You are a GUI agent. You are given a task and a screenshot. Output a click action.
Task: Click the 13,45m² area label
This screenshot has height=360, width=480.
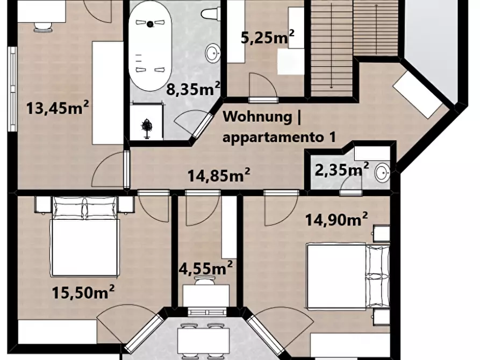(x=58, y=108)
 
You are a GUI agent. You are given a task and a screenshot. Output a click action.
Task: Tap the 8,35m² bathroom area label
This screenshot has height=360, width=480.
(x=193, y=89)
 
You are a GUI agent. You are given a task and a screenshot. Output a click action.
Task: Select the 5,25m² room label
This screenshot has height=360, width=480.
(x=268, y=38)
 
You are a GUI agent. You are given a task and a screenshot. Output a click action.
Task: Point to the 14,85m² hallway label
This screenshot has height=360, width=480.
(x=219, y=175)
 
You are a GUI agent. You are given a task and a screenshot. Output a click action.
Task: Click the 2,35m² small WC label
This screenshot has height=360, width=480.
(x=342, y=170)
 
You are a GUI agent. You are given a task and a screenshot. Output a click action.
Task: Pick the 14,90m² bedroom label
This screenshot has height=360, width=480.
(x=336, y=219)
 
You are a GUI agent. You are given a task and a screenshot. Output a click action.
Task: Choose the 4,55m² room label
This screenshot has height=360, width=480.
(x=205, y=269)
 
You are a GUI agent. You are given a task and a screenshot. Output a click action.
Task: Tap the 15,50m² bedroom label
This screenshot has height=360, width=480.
(x=83, y=292)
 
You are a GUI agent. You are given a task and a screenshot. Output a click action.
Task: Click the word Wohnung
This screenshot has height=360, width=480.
(x=257, y=117)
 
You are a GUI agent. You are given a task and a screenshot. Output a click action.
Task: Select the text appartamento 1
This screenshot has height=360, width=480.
(x=279, y=137)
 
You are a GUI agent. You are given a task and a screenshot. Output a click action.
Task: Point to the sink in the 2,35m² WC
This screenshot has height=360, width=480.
(x=383, y=172)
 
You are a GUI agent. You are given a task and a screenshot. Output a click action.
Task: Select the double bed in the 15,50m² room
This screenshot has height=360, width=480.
(x=85, y=236)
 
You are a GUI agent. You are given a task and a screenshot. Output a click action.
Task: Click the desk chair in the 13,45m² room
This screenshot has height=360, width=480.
(x=42, y=27)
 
